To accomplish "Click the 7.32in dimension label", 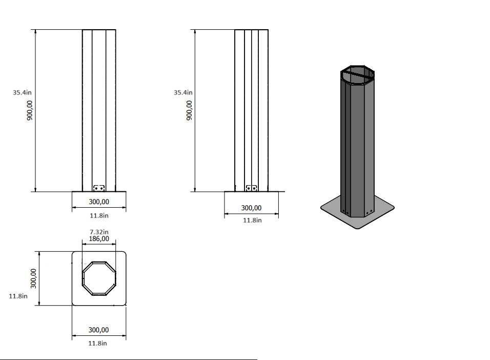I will coord(99,232).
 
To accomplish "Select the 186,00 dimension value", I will coord(99,238).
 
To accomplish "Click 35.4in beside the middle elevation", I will coord(183,93).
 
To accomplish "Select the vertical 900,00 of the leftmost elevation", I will coord(30,110).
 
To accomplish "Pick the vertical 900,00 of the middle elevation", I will coord(189,110).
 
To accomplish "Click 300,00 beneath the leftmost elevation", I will coord(99,202).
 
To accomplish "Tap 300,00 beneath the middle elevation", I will coord(251,208).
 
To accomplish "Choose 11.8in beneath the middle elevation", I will coord(251,220).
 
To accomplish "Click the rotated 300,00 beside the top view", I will coord(33,278).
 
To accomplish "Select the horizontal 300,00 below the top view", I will coord(99,330).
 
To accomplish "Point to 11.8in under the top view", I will coord(99,343).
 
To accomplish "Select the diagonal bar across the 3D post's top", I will coord(358,75).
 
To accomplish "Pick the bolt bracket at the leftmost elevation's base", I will coord(99,188).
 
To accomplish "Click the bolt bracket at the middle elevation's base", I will coord(251,188).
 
